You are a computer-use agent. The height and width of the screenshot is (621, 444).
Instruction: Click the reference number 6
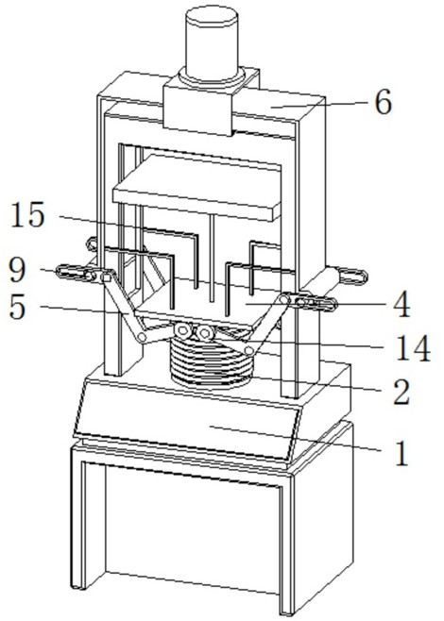point(383,103)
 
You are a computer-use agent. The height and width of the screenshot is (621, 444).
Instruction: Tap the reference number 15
point(27,214)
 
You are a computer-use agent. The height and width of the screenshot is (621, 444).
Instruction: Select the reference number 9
point(17,270)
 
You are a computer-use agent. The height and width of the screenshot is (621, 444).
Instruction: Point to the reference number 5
point(18,307)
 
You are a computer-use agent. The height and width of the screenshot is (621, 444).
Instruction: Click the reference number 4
point(402,305)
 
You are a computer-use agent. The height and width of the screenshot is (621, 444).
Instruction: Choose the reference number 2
point(401,392)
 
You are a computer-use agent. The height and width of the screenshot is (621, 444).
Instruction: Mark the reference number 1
point(401,452)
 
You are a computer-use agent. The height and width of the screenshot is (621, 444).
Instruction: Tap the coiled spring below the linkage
point(212,363)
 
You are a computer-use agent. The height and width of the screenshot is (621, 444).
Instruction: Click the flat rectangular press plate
point(197,187)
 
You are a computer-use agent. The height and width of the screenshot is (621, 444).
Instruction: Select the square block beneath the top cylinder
point(197,107)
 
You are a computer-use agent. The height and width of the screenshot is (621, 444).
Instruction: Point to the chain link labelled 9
point(77,273)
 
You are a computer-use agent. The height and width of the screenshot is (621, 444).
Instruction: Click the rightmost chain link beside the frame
point(352,276)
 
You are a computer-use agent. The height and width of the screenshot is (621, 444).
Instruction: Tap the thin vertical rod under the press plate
point(213,258)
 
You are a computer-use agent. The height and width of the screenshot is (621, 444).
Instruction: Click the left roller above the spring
point(182,330)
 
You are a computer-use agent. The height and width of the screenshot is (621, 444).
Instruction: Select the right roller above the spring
point(205,333)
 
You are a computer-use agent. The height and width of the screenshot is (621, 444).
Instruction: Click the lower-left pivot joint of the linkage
point(142,338)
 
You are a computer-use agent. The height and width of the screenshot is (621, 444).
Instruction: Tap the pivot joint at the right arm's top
point(284,299)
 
